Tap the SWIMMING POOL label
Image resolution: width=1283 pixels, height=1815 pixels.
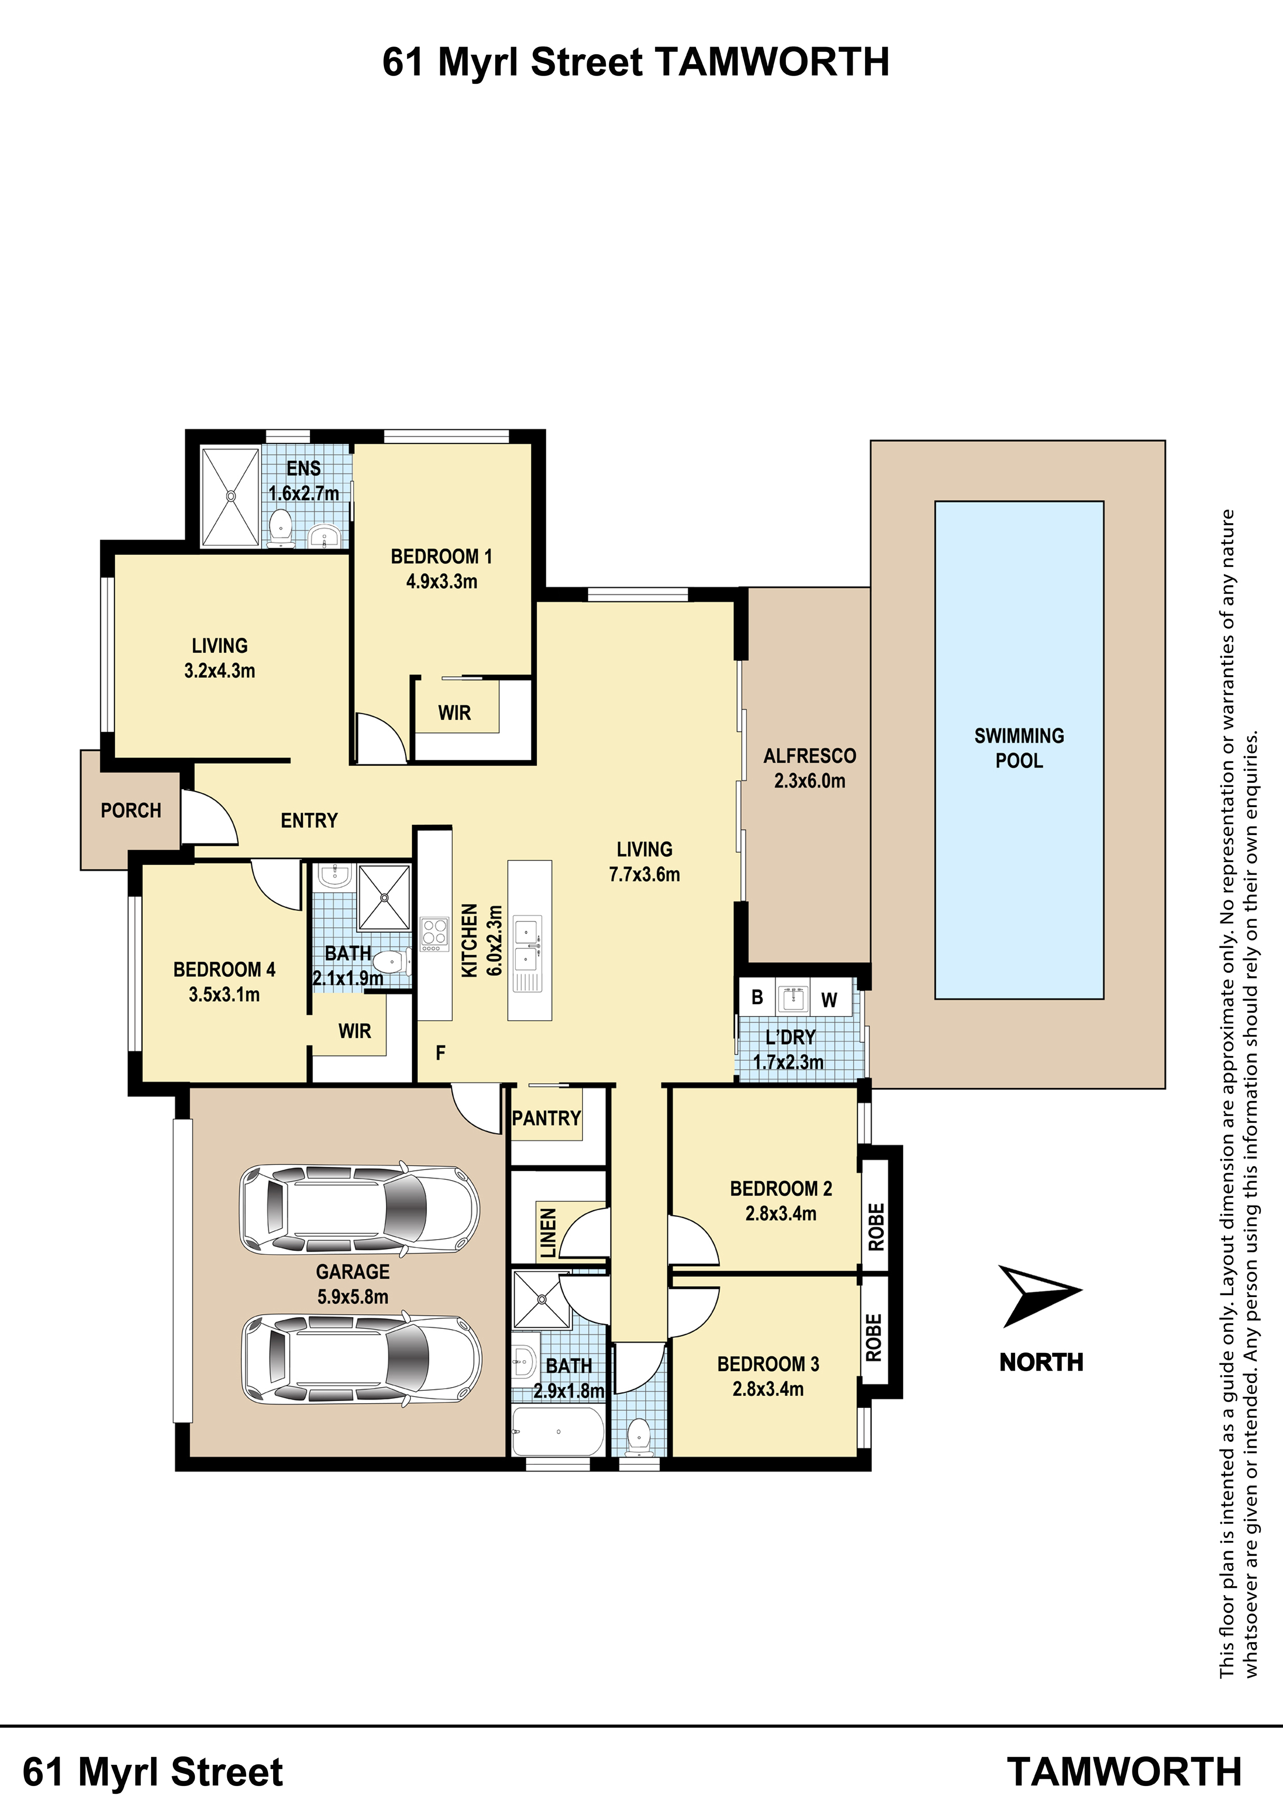(1019, 748)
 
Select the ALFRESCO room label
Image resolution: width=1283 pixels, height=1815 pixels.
(810, 756)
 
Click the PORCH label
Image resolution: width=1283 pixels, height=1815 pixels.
(131, 810)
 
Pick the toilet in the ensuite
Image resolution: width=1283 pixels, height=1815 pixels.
(280, 527)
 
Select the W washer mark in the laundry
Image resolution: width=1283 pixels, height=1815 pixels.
(828, 1000)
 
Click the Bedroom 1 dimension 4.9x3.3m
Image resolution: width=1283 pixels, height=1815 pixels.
(442, 582)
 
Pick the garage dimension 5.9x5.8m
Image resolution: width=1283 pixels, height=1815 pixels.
(353, 1297)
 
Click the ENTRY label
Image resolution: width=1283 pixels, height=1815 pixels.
(309, 821)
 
